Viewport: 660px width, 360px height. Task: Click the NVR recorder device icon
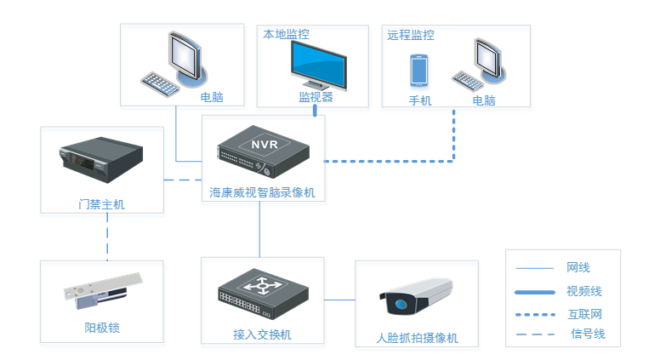click(x=262, y=150)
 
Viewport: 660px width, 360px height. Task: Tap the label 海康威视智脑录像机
click(x=262, y=193)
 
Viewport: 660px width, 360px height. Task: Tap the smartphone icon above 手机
click(x=418, y=71)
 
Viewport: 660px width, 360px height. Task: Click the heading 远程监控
click(x=411, y=36)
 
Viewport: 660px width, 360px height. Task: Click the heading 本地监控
click(x=286, y=35)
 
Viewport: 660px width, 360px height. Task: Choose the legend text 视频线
click(x=584, y=291)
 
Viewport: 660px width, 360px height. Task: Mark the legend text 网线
click(x=578, y=268)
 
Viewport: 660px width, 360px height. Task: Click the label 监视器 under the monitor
click(x=316, y=97)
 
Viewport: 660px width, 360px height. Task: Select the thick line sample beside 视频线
click(x=535, y=292)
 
